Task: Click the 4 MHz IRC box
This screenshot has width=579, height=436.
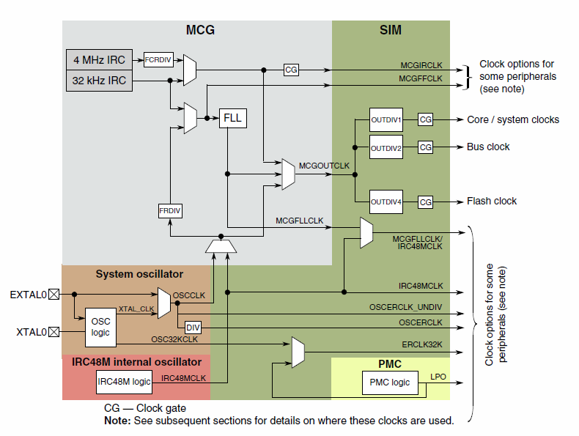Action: (x=100, y=60)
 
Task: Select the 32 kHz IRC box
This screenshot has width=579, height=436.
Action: (x=100, y=81)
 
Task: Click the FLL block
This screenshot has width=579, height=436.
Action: (x=233, y=117)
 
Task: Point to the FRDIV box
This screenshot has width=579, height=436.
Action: (x=170, y=211)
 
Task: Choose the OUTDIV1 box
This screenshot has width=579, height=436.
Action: (x=386, y=119)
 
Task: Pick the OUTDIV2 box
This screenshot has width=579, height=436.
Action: (x=386, y=147)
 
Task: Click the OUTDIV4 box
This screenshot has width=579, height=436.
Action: (x=386, y=202)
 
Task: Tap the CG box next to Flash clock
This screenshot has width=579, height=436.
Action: (x=426, y=202)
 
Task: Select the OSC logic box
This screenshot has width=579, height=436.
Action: (x=100, y=328)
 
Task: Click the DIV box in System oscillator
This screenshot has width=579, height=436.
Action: (x=193, y=328)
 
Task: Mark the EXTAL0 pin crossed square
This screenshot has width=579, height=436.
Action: (x=53, y=295)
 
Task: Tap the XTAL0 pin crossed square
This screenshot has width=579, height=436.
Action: (x=53, y=332)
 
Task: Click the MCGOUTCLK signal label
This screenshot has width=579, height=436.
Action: (x=325, y=166)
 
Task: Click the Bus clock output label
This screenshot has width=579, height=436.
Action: (x=488, y=147)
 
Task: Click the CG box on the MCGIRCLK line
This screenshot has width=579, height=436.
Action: (x=291, y=70)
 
